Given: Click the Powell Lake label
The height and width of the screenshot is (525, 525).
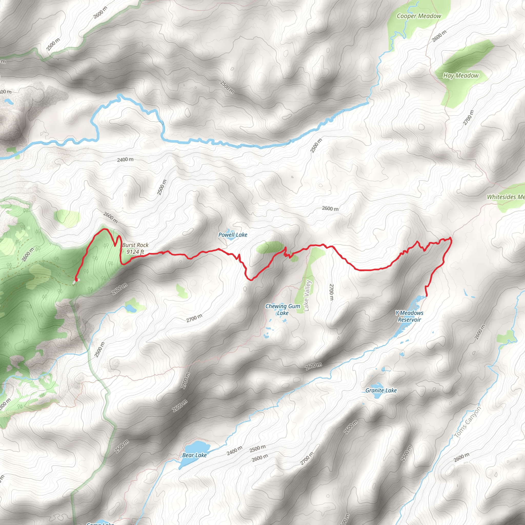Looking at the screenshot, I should tap(233, 235).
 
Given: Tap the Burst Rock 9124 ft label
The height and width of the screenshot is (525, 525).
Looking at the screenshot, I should tap(135, 248).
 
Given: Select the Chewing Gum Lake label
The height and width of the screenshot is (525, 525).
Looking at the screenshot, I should tap(282, 309).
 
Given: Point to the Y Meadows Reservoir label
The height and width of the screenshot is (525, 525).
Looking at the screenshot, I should tap(409, 316).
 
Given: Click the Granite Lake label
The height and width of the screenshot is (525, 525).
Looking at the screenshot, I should tap(381, 390).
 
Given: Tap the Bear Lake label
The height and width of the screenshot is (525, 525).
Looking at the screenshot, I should tap(194, 455).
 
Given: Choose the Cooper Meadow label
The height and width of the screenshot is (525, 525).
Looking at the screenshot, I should tap(419, 16).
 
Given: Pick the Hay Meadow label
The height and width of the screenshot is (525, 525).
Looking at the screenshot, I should tap(461, 76).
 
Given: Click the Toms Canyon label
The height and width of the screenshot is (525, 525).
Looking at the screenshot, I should tap(467, 422).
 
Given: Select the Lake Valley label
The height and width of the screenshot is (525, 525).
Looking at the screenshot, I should tap(307, 296).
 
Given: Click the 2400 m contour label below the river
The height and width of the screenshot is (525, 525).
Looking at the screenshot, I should tap(125, 159).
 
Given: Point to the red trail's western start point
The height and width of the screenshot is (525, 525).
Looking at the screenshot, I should tap(76, 279).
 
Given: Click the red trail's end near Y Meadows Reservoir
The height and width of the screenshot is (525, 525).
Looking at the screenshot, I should tap(427, 295).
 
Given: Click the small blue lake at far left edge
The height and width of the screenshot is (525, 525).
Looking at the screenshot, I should tap(8, 102).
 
